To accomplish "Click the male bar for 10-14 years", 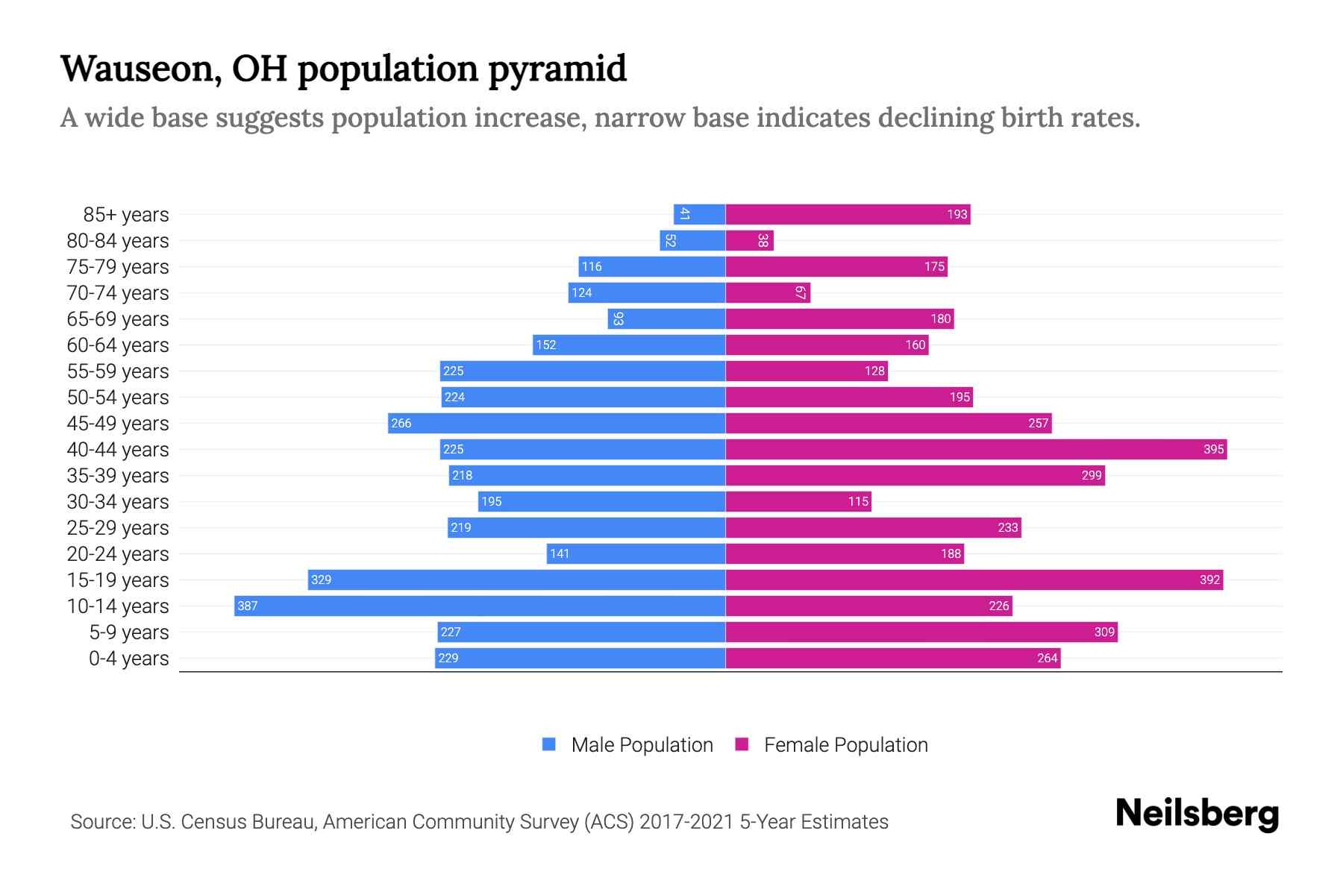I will coord(480,606).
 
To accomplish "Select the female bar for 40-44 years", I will coord(976,449).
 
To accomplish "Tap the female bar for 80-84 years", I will coord(749,240).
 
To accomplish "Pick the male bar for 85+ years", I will coord(700,214).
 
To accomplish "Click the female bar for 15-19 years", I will coord(974,580).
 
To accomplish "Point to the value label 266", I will coord(401,423).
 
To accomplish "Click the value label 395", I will coord(1213,449).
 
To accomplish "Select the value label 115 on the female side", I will coord(858,501).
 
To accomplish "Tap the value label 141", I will coord(560,553).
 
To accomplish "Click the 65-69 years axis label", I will coord(118,319).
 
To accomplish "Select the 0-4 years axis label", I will coord(128,659).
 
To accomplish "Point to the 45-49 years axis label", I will coord(118,424).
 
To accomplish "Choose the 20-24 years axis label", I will coord(118,554).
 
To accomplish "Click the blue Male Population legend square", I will coord(549,744).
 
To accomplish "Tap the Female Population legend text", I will coord(845,744).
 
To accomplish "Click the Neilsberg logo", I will coord(1197,814).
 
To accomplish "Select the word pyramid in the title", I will coord(557,69).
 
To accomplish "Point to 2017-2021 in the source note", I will coord(686,822).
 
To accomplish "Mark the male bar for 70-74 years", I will coord(646,292).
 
